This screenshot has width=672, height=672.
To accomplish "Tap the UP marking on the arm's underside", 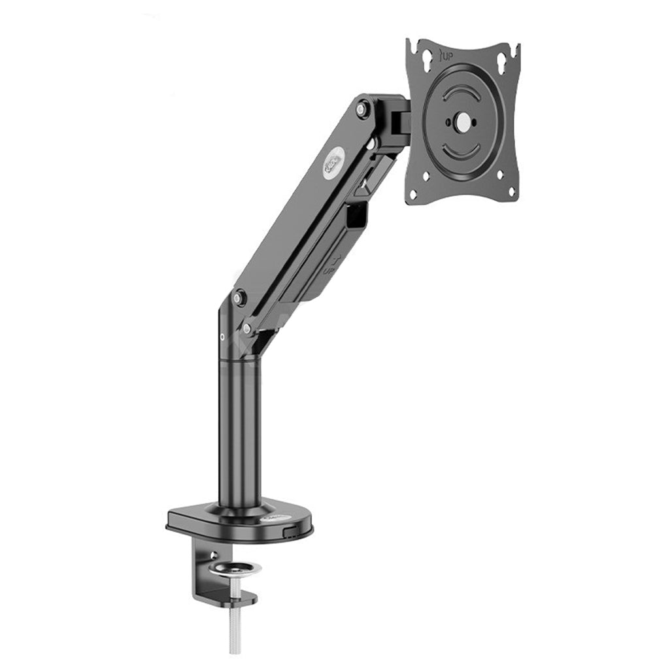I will [331, 265].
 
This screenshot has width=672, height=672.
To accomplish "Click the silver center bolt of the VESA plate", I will [463, 122].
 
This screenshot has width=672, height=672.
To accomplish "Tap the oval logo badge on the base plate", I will [271, 518].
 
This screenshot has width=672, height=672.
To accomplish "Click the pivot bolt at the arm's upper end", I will [361, 109].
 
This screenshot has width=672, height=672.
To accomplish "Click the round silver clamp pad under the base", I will [235, 567].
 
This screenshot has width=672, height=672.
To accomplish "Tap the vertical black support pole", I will [240, 431].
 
